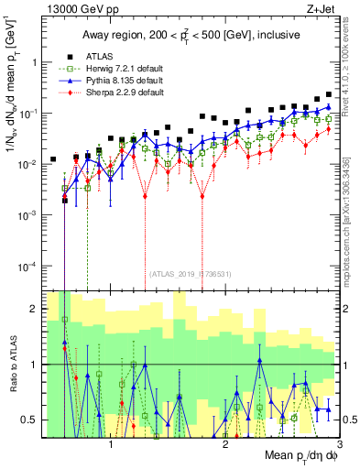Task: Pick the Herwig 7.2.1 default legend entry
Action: point(120,70)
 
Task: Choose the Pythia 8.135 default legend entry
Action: point(119,82)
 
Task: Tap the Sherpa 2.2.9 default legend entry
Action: point(120,93)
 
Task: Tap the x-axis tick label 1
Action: point(111,442)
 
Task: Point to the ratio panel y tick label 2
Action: point(38,309)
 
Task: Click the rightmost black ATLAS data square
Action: point(329,94)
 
